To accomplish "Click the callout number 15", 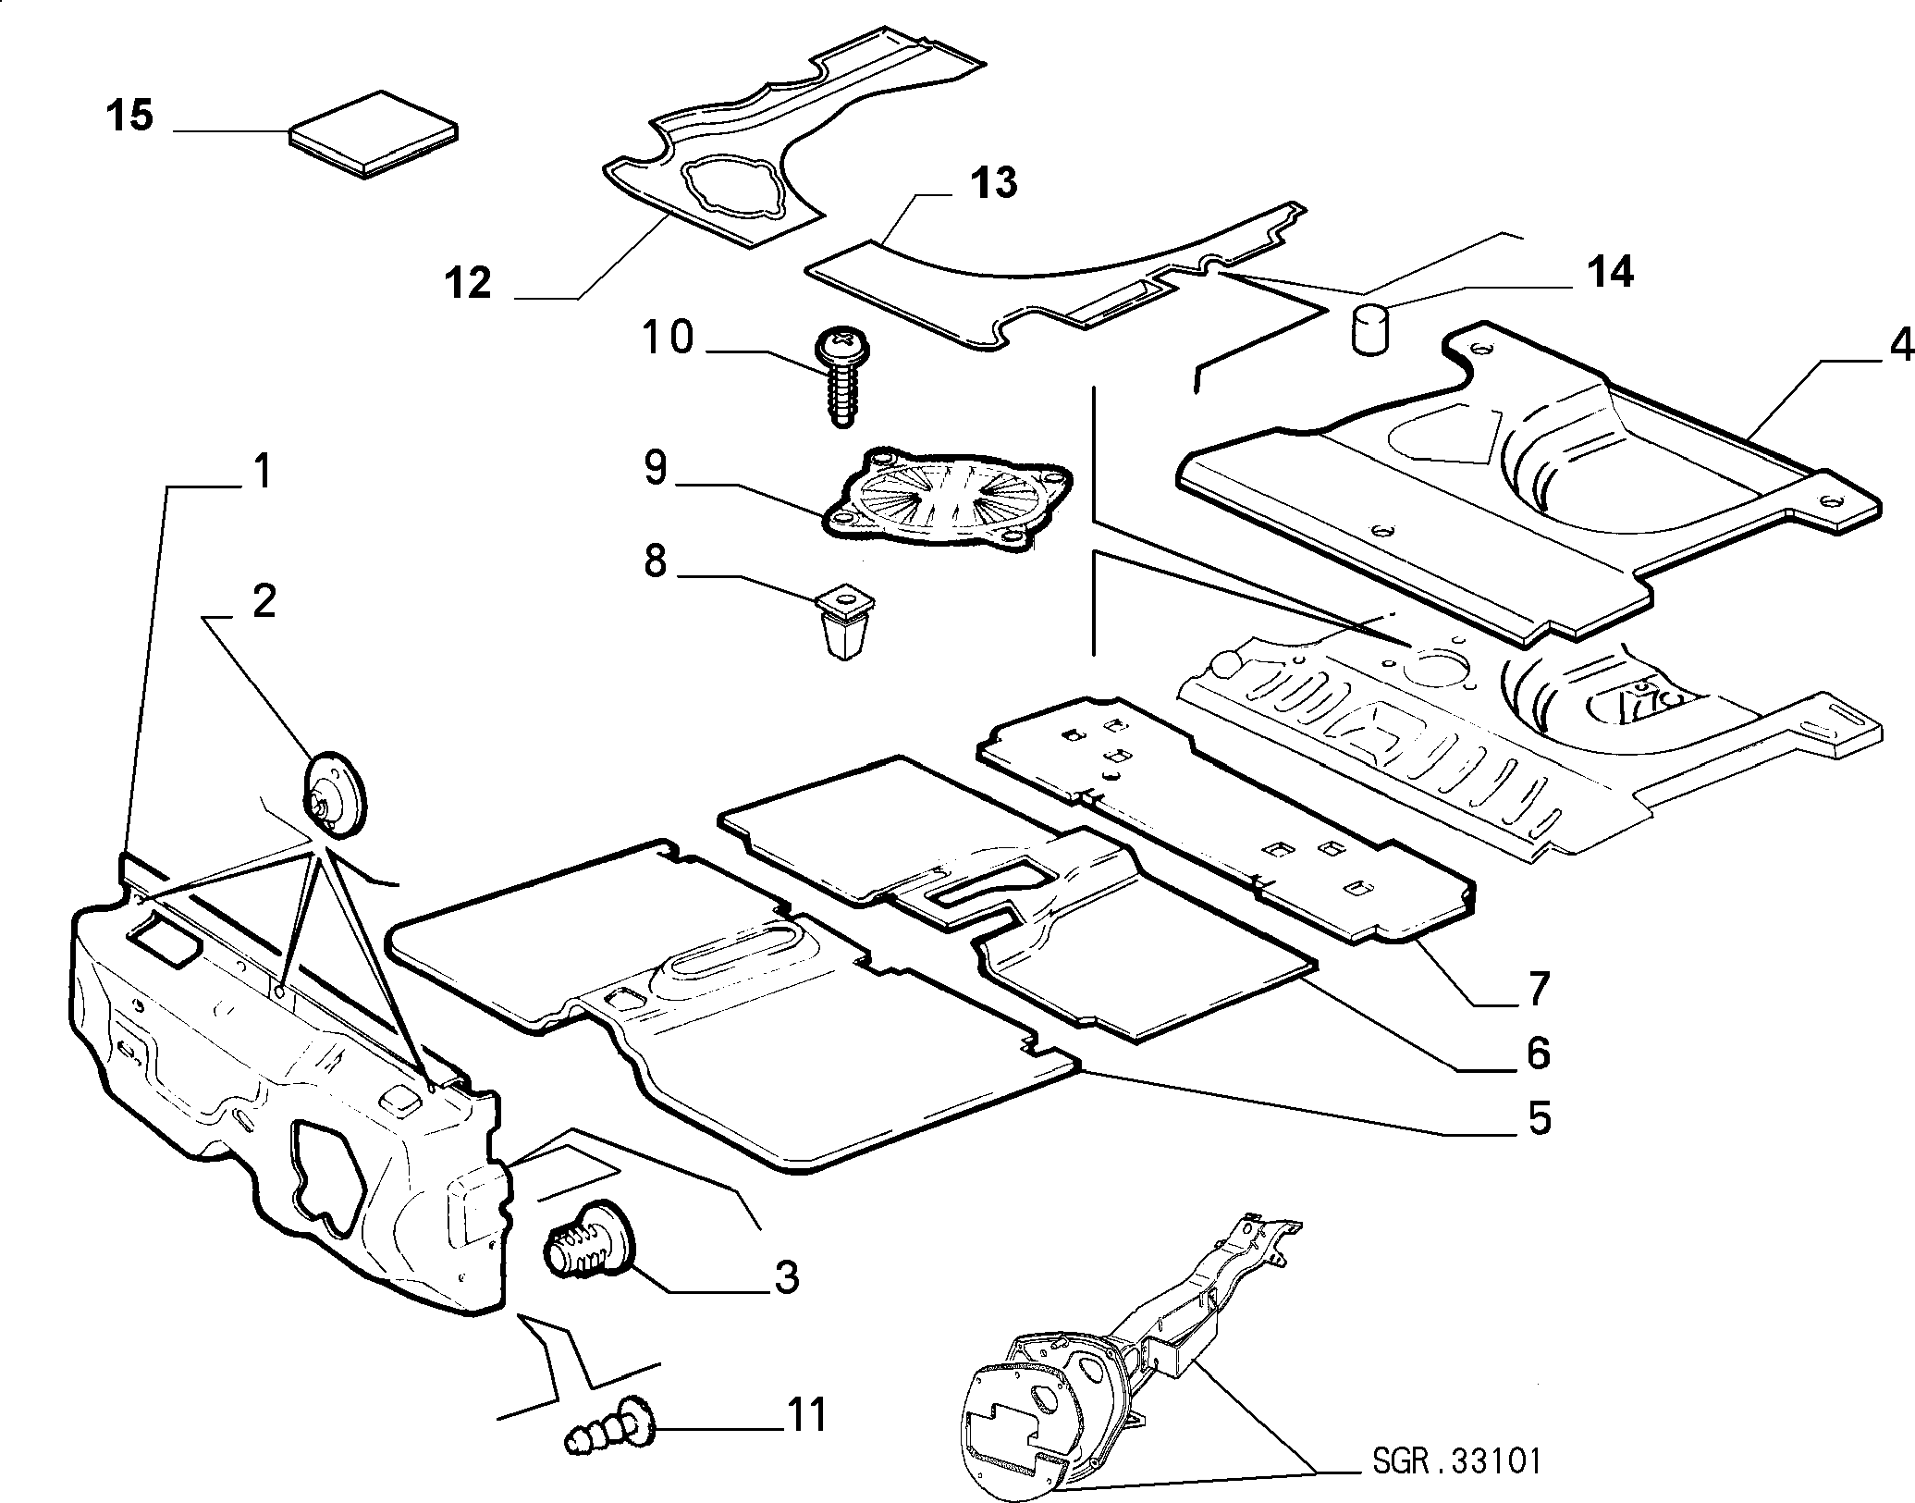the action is [129, 117].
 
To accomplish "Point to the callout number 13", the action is [993, 182].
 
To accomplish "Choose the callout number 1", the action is [264, 474].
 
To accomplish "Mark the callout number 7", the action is [1536, 989].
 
